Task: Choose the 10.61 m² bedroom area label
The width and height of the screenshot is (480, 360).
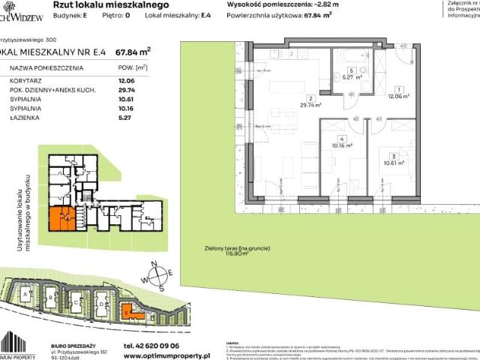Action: tap(393, 161)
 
